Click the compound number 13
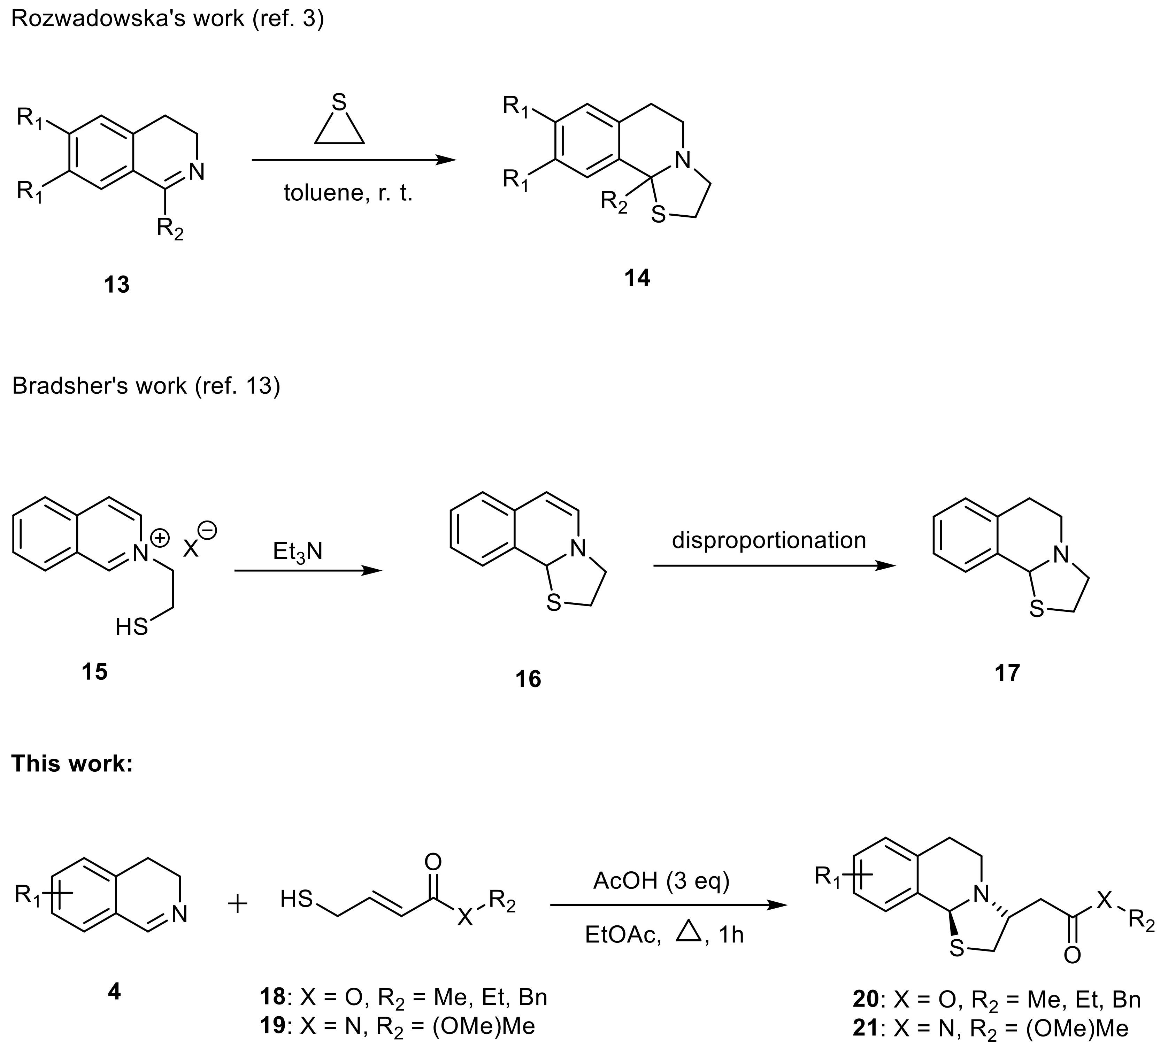pyautogui.click(x=117, y=284)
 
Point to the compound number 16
pyautogui.click(x=528, y=679)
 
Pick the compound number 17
pyautogui.click(x=1007, y=672)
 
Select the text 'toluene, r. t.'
pyautogui.click(x=348, y=193)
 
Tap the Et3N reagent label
pyautogui.click(x=298, y=552)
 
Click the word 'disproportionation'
pyautogui.click(x=769, y=540)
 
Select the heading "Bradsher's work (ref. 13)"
pyautogui.click(x=146, y=386)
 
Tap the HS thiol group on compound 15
pyautogui.click(x=132, y=626)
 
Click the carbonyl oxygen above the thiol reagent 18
pyautogui.click(x=432, y=862)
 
